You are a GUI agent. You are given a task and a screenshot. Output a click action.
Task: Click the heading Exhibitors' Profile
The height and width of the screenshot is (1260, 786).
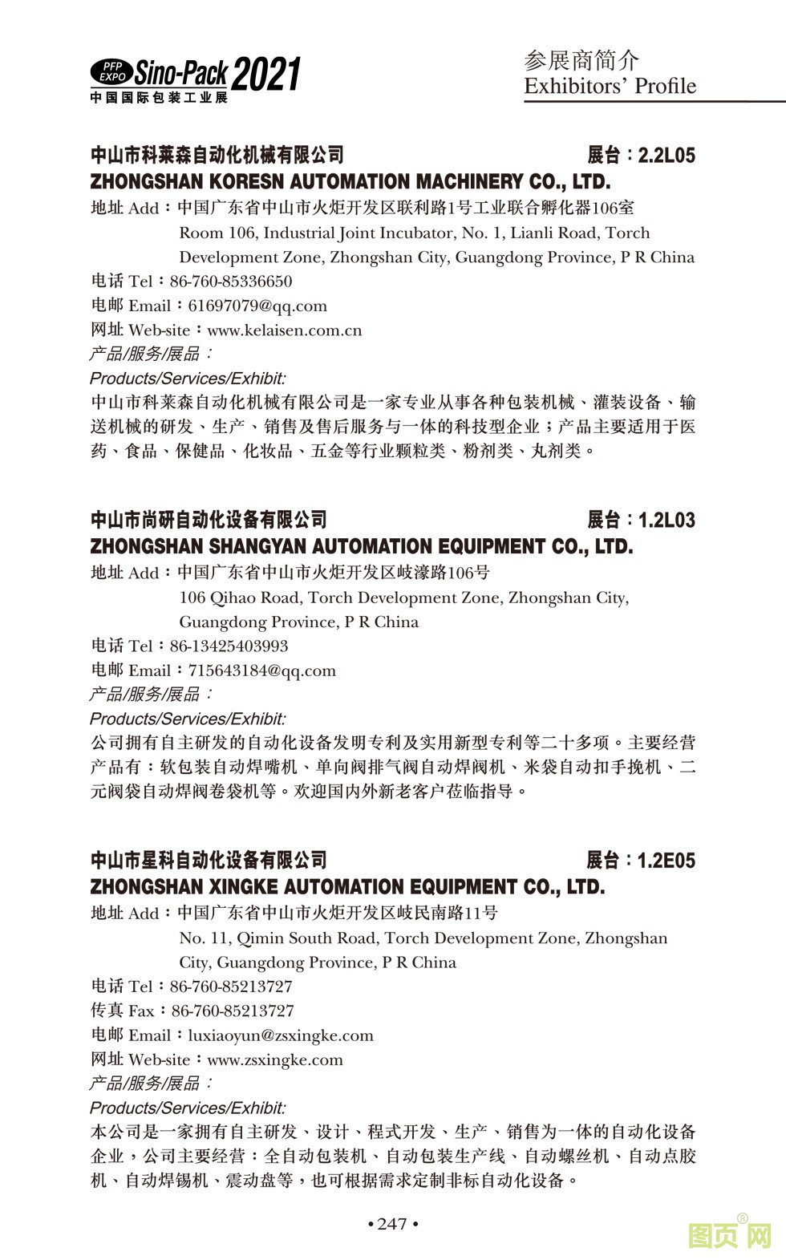[610, 86]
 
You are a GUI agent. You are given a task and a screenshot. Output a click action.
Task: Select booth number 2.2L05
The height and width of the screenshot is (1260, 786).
[666, 155]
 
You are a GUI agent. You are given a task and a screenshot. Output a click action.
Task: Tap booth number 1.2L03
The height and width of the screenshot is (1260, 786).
[666, 520]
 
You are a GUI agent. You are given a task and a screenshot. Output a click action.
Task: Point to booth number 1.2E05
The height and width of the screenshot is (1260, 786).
[666, 861]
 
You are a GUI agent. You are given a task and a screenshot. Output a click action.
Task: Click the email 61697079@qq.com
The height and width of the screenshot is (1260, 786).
[257, 306]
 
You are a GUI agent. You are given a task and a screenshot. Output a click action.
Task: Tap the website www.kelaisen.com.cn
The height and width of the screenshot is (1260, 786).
[284, 330]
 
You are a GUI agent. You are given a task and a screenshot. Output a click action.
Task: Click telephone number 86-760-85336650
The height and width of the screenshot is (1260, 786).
[231, 282]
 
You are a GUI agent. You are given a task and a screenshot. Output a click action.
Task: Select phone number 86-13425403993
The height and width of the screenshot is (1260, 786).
[229, 646]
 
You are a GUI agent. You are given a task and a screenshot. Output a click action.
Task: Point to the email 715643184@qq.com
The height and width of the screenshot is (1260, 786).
[261, 671]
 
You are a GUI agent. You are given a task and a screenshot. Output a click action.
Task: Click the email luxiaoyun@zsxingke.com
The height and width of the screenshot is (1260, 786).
[281, 1035]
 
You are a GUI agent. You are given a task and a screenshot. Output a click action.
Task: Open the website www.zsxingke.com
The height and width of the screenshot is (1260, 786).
[274, 1059]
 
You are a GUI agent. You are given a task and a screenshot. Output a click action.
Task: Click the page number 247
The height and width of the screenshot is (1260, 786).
[392, 1223]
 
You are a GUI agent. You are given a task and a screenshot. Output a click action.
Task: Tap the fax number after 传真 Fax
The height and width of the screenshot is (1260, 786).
[233, 1011]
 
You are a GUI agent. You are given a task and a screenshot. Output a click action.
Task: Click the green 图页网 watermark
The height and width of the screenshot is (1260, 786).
[730, 1235]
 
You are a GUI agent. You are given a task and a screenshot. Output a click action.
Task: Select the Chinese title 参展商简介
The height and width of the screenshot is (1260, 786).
[581, 60]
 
